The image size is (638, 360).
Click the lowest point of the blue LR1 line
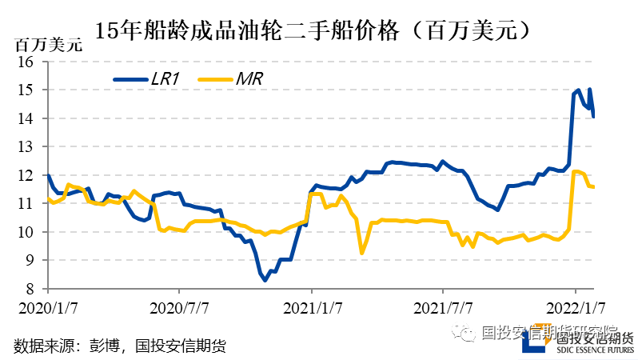coord(265,280)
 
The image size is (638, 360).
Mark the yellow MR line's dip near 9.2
coord(362,253)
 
